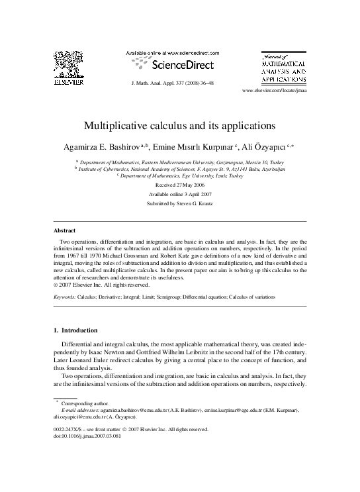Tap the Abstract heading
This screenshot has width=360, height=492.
pos(64,230)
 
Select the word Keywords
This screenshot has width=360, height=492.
pos(65,297)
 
